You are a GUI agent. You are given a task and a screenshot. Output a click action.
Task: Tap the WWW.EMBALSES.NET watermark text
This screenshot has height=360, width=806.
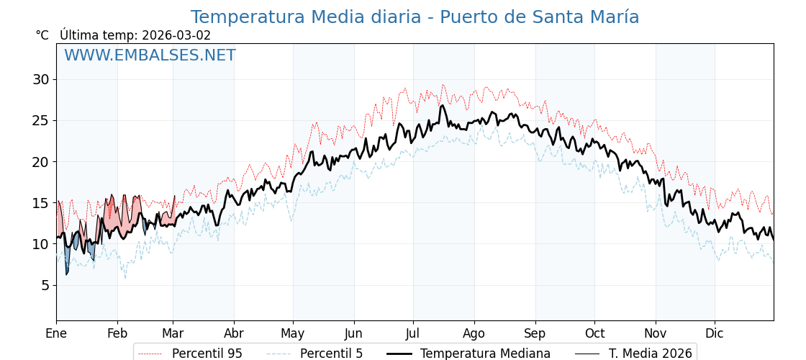pos(150,55)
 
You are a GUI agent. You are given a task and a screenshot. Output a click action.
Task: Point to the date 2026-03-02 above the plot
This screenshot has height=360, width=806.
pos(176,35)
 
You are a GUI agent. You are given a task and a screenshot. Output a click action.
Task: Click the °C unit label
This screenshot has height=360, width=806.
pos(42,35)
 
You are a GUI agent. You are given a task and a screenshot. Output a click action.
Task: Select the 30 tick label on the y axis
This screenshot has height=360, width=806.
pos(41,79)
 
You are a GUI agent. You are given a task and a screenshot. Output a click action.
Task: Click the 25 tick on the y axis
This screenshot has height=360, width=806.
pos(41,120)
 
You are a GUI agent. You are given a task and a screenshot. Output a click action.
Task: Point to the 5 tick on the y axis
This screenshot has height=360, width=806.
pos(45,285)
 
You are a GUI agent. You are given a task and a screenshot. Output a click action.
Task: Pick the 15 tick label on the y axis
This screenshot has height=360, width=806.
pos(41,203)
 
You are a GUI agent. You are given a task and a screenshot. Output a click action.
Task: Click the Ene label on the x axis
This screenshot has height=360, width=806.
pos(56,333)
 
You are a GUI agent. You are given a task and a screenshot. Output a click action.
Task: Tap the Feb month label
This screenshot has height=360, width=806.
pos(117,333)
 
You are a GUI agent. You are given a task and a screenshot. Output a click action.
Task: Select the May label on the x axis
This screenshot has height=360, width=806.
pos(293,333)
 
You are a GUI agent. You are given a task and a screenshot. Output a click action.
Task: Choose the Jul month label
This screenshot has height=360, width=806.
pos(413,333)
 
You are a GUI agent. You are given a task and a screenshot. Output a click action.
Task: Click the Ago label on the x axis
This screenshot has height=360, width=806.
pos(474,333)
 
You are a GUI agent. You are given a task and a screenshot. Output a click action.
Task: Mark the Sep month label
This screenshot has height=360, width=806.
pos(535,333)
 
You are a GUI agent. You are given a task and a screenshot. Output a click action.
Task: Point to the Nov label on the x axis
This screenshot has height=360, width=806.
pos(655,333)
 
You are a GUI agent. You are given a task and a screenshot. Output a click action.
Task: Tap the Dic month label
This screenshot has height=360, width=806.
pos(714,333)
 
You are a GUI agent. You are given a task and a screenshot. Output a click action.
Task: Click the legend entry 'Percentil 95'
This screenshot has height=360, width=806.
pos(207,354)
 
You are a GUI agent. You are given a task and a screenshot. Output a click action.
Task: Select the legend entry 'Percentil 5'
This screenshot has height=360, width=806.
pos(331,354)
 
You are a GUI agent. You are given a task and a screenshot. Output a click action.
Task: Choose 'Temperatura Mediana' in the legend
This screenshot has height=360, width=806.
pos(485,354)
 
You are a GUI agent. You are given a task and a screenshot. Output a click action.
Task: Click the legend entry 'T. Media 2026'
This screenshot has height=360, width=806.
pos(650,354)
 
